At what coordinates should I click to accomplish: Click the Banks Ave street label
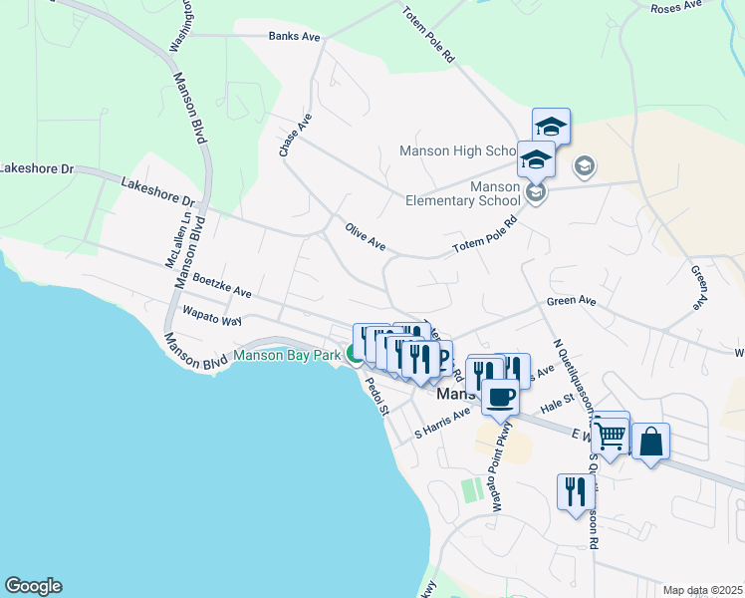294,37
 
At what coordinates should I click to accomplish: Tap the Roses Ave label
676,7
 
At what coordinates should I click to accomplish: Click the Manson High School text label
457,151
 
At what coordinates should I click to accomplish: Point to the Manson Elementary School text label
463,193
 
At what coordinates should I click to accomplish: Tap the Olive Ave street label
365,236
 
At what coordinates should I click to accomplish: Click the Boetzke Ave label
221,287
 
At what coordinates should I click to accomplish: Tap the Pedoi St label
375,393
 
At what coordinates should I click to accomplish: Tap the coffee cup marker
500,397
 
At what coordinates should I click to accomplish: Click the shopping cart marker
610,435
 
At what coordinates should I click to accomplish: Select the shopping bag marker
650,443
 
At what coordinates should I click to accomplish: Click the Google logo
33,586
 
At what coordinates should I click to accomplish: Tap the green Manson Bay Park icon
354,354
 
